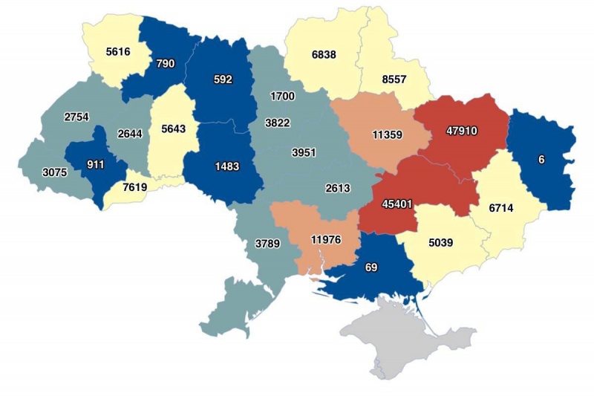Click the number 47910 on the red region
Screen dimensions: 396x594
(461, 131)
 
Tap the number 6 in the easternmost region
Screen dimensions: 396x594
(542, 158)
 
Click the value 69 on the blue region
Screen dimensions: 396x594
(371, 267)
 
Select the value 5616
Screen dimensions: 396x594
(117, 52)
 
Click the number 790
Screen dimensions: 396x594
(166, 64)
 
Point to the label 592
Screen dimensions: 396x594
(223, 79)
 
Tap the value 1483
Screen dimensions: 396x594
(226, 166)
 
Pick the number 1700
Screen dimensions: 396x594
(282, 97)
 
